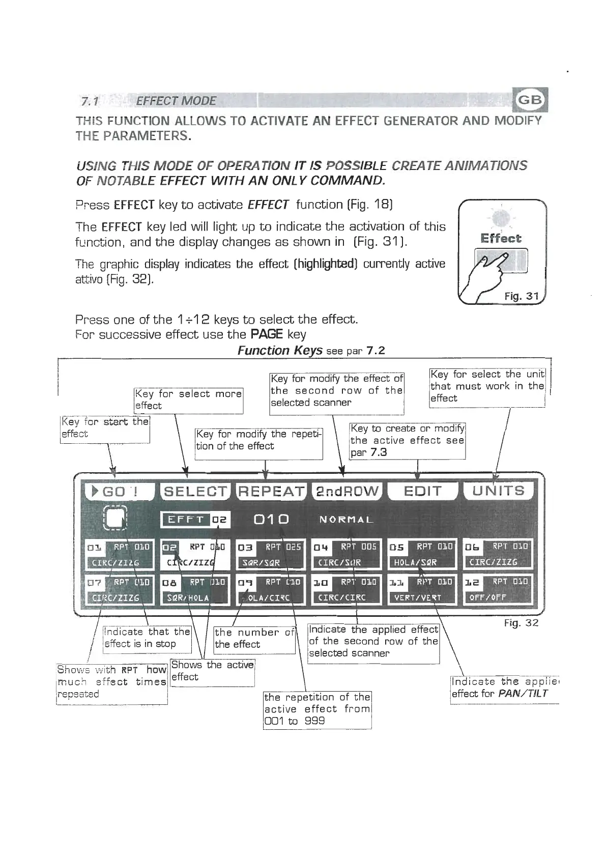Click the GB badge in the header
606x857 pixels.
(530, 100)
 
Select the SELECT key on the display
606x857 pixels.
(195, 492)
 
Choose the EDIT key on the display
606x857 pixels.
(422, 492)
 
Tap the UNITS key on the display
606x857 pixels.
(498, 492)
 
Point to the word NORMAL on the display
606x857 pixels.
(347, 520)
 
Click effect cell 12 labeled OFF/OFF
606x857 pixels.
(498, 589)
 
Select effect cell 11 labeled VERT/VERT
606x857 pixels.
(422, 589)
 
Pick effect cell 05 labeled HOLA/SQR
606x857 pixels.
(422, 554)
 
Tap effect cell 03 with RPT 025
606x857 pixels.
(271, 554)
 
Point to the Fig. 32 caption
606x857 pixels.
(521, 623)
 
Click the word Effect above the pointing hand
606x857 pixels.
(501, 239)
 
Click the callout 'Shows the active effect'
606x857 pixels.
(212, 671)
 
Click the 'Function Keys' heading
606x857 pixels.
(280, 351)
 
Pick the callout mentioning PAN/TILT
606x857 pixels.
(504, 688)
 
